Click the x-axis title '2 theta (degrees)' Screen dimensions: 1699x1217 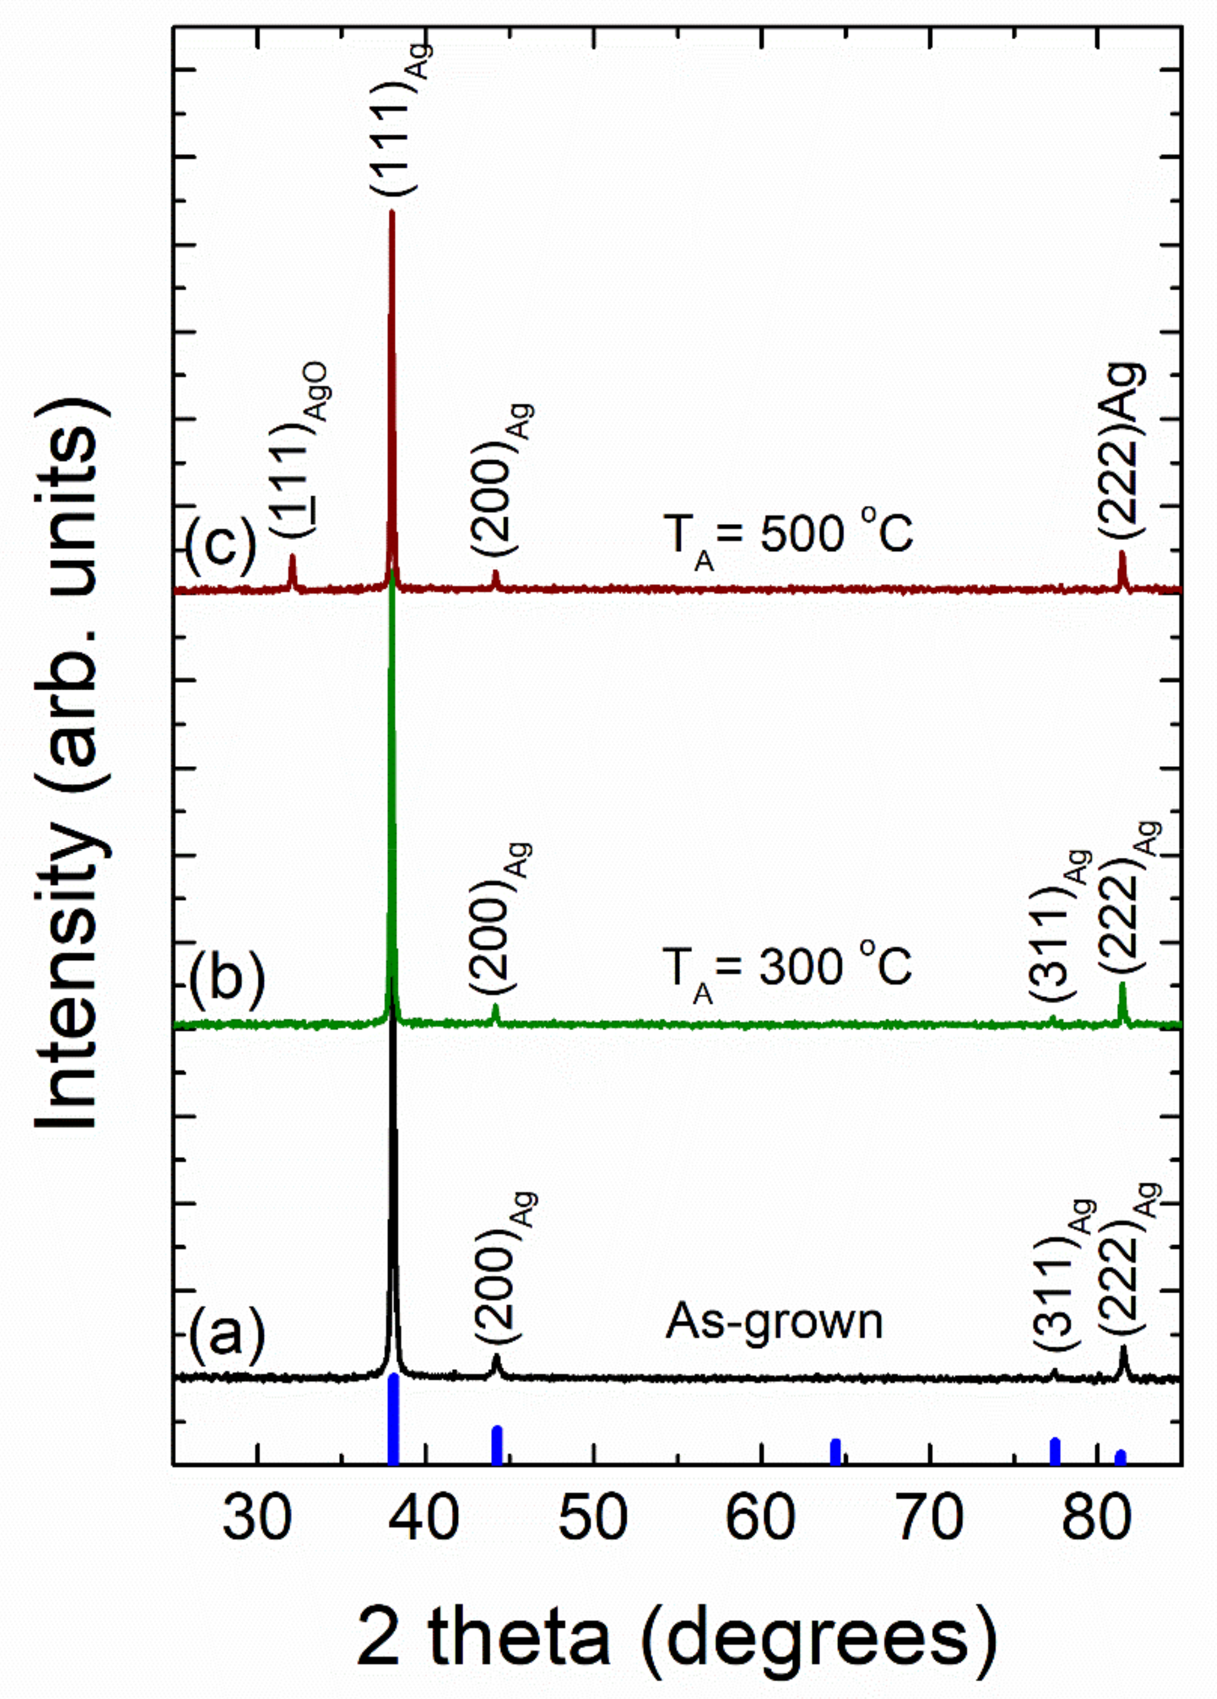[677, 1634]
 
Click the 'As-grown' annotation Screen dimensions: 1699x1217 [774, 1321]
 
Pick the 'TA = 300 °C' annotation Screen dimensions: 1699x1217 [787, 969]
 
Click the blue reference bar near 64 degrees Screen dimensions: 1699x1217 [835, 1451]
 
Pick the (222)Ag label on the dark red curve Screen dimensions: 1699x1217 [1121, 449]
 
